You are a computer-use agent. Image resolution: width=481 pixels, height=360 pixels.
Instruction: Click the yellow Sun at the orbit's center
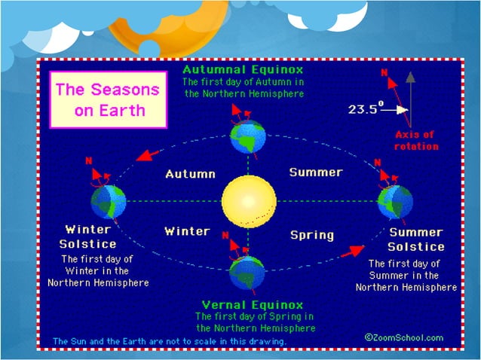click(x=248, y=202)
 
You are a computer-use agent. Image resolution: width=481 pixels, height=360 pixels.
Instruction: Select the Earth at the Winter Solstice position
click(x=108, y=202)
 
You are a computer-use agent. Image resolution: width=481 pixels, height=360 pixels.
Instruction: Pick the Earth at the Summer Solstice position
click(x=395, y=202)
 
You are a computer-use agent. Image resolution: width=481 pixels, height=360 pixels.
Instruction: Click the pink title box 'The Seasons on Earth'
click(x=107, y=100)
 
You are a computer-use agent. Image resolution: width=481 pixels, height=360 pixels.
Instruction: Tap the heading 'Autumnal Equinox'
click(x=243, y=69)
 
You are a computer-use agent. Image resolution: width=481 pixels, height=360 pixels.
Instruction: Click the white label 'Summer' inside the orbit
click(x=316, y=172)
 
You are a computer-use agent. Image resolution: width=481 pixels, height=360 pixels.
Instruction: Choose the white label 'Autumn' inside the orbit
click(x=190, y=174)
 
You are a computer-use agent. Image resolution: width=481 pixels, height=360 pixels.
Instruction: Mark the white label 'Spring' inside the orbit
click(x=312, y=235)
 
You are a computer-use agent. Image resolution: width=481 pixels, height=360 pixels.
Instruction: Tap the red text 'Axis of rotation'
click(x=416, y=140)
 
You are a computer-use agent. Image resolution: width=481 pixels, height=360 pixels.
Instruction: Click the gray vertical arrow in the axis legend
click(x=409, y=98)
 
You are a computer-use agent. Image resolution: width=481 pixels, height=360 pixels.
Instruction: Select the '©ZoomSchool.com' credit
click(x=403, y=337)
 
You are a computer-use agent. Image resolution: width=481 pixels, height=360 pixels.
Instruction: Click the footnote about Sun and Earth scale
click(x=169, y=341)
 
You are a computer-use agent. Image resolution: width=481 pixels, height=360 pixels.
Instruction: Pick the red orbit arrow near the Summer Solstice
click(x=351, y=252)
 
